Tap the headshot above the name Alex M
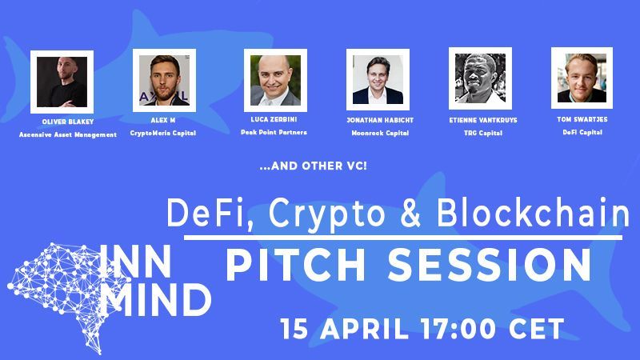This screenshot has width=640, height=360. click(x=163, y=79)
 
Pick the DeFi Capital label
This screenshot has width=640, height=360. click(x=577, y=131)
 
